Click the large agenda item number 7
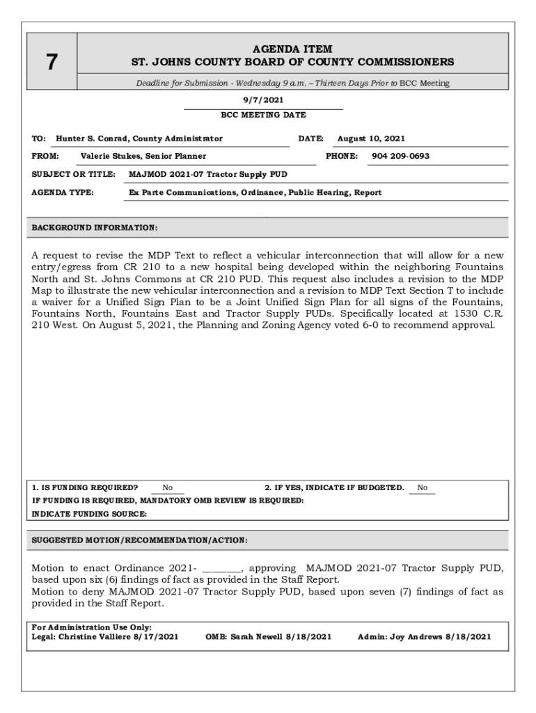tap(52, 63)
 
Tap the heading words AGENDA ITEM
tap(292, 49)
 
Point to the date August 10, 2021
tap(371, 139)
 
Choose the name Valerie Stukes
tap(110, 156)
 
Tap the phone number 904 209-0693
tap(400, 156)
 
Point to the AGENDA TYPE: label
tap(63, 192)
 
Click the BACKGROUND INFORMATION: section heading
tap(95, 228)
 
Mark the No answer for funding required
tap(168, 488)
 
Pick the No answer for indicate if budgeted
tap(423, 487)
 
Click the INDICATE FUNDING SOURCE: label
tap(90, 514)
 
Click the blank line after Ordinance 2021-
tap(221, 568)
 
